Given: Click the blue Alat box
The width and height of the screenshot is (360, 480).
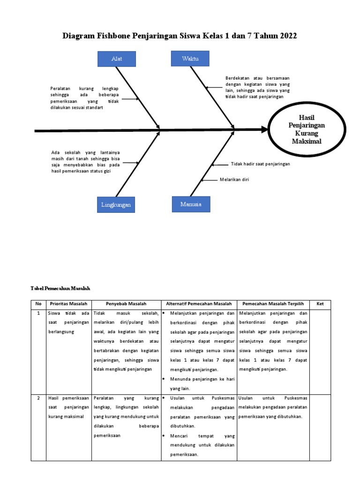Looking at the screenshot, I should pos(117,59).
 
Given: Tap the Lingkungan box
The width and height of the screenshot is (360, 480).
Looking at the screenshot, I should pos(116,205).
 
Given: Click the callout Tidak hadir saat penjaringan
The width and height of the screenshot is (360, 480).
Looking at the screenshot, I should pos(260,164).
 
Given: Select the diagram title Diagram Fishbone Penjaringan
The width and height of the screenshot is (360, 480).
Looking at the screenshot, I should pos(180,36).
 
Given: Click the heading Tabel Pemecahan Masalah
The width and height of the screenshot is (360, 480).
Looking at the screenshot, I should pos(60,288).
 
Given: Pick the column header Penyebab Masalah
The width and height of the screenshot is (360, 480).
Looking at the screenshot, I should pos(126,304).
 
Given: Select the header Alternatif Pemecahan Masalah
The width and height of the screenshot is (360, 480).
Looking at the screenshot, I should pos(199,304).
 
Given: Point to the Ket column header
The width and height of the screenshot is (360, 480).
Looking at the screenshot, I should pos(320,304).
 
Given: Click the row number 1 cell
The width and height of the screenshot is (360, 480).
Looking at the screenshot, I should pos(38,313).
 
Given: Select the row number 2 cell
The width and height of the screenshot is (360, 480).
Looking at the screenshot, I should pos(38,398).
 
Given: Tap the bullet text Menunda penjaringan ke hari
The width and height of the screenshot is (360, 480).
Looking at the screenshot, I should pos(202,379).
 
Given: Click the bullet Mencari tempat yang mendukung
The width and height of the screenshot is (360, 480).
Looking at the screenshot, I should pos(202,436).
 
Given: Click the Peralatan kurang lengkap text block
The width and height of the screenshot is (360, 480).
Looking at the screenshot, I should pos(84,98).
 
